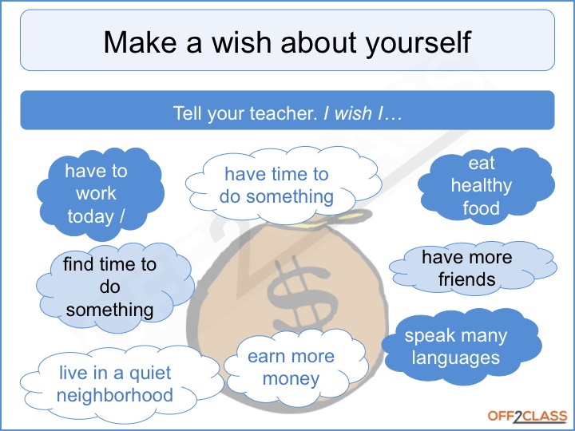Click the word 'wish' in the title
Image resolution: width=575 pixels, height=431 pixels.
(242, 42)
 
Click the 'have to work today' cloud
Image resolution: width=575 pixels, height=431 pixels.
(100, 194)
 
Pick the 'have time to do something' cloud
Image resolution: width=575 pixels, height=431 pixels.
(283, 185)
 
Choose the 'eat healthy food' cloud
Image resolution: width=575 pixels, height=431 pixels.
(486, 185)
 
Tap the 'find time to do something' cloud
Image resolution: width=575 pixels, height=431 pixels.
(115, 287)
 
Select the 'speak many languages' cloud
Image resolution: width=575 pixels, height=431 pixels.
(461, 346)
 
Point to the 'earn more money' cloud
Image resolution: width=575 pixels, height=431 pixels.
(295, 367)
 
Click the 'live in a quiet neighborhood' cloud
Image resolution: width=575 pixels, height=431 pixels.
(121, 384)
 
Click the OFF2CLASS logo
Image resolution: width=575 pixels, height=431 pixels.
(527, 417)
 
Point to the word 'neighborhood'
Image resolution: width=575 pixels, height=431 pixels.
(115, 395)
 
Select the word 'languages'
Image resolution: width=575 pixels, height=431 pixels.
(455, 358)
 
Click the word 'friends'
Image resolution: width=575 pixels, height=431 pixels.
(467, 279)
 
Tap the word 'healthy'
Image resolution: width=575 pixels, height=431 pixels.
(481, 186)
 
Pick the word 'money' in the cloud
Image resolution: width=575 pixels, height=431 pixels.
(291, 379)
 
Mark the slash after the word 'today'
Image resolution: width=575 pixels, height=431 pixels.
(121, 216)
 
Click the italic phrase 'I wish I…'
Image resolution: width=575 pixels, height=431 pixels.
(363, 113)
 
